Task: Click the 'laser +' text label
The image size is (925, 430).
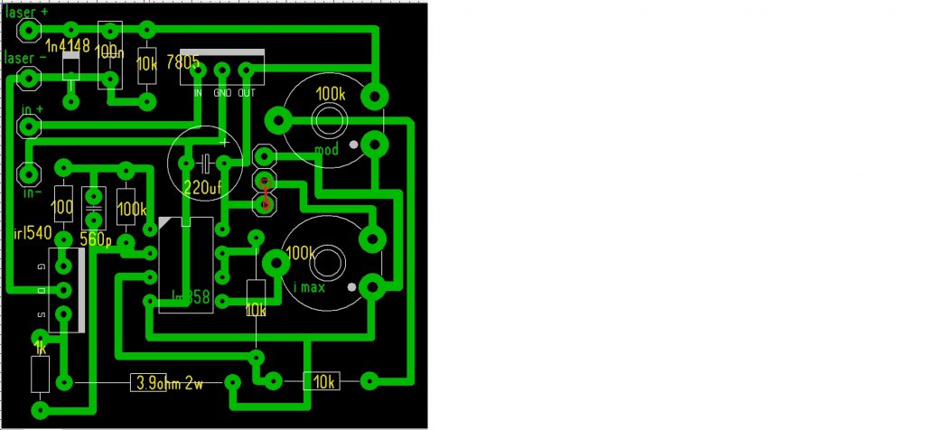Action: [27, 14]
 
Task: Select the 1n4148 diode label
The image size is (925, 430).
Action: [67, 46]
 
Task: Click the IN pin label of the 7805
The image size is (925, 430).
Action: [198, 93]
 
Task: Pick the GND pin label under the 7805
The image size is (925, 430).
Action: [222, 93]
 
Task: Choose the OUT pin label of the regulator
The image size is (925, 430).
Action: [247, 93]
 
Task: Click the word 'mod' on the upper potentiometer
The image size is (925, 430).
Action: [325, 149]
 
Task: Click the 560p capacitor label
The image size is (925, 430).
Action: [95, 240]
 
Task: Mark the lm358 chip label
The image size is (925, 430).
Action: [191, 295]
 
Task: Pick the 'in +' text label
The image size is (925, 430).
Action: [33, 109]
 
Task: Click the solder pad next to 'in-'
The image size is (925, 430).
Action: [30, 173]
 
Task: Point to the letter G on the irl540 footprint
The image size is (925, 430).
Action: [42, 268]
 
